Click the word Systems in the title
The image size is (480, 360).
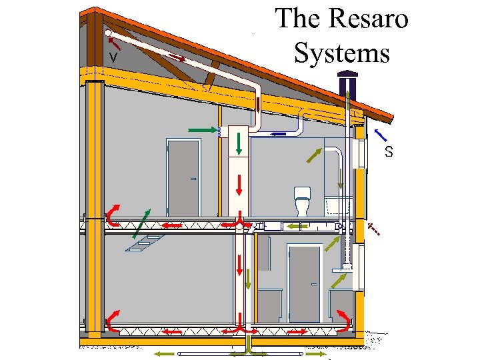click(x=341, y=52)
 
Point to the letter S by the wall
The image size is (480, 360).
click(x=389, y=152)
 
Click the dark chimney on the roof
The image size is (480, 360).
click(x=347, y=89)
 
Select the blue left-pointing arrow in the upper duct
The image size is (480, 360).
click(x=281, y=133)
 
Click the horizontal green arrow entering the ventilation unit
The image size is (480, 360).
click(x=202, y=128)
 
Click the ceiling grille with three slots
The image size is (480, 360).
click(x=145, y=244)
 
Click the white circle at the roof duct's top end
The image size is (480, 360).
click(x=108, y=31)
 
